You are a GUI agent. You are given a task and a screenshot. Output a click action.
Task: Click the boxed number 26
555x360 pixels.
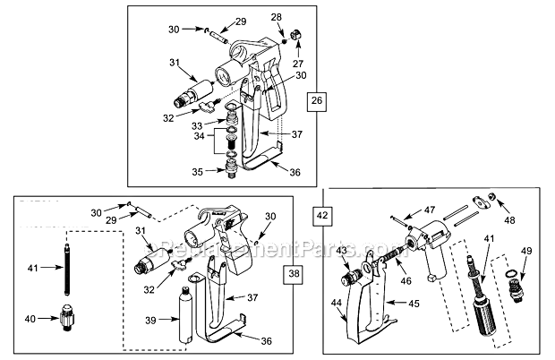(x=315, y=101)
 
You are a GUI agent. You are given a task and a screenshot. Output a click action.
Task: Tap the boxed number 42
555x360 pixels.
(x=321, y=215)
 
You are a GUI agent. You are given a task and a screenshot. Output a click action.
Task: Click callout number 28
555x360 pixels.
(x=276, y=17)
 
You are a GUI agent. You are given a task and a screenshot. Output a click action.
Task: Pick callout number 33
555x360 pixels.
(x=196, y=126)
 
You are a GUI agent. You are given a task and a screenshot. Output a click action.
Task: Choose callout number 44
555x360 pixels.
(x=337, y=304)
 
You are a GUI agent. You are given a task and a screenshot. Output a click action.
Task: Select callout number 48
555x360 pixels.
(x=509, y=219)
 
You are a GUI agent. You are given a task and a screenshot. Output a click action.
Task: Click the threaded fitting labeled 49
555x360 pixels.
(x=514, y=285)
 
